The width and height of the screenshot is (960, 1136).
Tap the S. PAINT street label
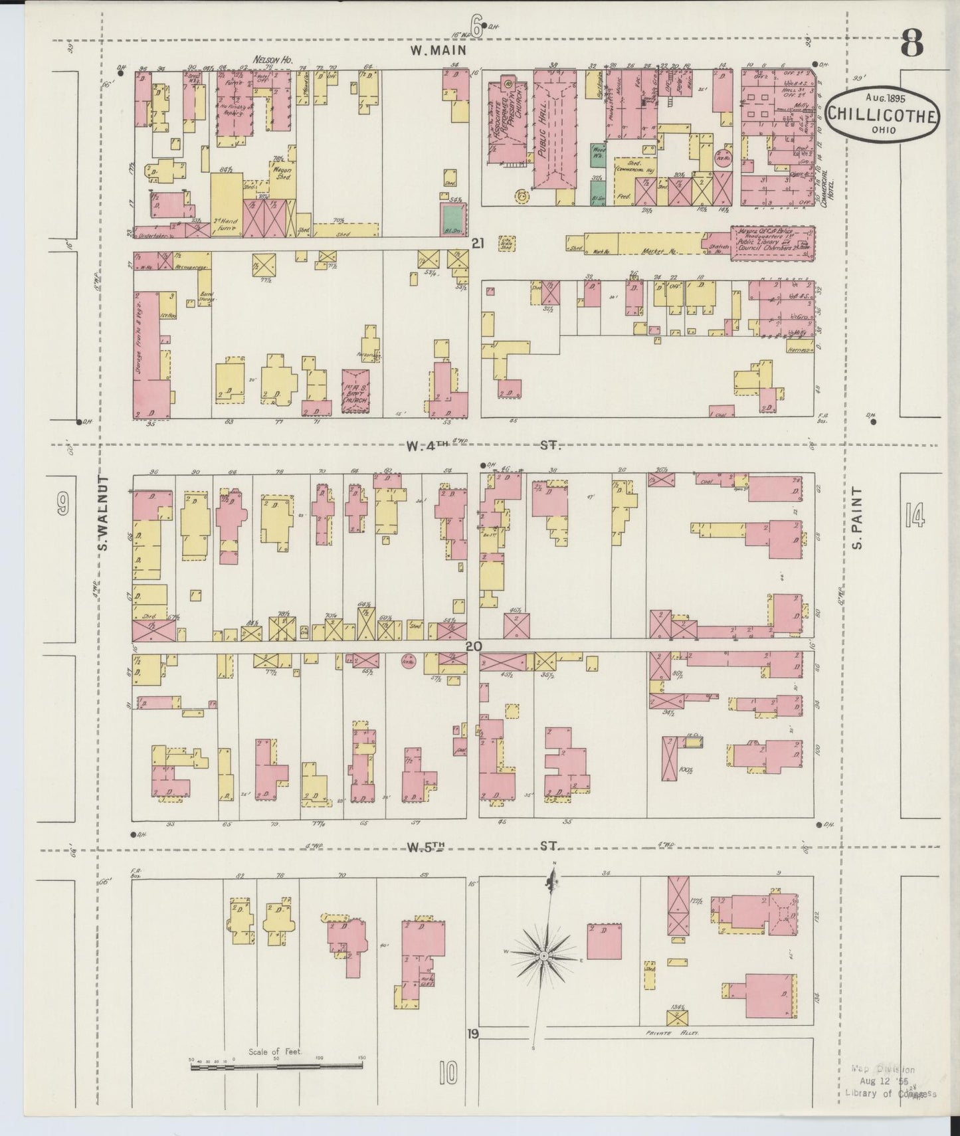857,518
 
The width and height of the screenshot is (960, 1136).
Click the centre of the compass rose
543,955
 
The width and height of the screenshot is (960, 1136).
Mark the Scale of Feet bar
276,1066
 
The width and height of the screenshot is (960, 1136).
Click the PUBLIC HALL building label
543,132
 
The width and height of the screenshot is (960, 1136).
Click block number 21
476,244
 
